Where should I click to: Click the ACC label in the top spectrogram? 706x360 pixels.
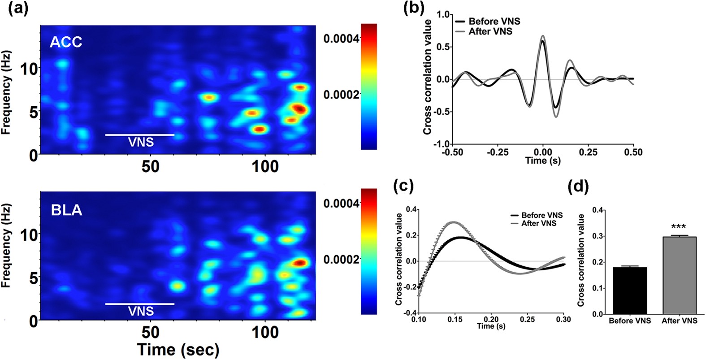coord(66,42)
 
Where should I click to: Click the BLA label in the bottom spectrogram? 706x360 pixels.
coord(66,209)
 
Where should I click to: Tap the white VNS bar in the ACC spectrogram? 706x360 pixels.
coord(139,134)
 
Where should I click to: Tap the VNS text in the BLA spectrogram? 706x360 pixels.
coord(141,311)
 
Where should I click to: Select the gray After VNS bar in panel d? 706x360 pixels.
coord(679,275)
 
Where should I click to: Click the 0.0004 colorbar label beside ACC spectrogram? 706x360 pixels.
coord(341,39)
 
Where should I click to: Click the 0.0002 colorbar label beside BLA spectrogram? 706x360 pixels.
coord(341,260)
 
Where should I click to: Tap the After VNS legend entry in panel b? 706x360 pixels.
coord(490,31)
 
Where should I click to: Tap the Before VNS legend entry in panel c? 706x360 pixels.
coord(541,215)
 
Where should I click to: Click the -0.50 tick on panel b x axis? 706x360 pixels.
coord(452,152)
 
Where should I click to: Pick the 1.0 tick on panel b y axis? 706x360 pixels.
coord(443,15)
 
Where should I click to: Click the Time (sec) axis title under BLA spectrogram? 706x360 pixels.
coord(178,349)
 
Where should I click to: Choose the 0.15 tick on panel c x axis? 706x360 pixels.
coord(455,319)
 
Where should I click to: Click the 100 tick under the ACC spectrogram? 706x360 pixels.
coord(264,167)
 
